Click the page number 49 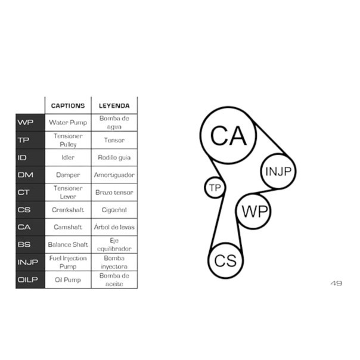(x=336, y=283)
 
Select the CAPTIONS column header (x=68, y=105)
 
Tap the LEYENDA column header (x=114, y=105)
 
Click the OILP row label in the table (x=28, y=280)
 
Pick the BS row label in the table (x=24, y=244)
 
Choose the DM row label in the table (x=26, y=175)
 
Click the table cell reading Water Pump (x=68, y=122)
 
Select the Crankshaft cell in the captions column (x=68, y=210)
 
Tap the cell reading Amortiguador (x=114, y=175)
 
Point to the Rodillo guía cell (x=114, y=157)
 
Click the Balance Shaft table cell (x=68, y=244)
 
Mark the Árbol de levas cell (x=114, y=227)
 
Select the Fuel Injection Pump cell (x=68, y=262)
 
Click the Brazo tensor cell (x=114, y=192)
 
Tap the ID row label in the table (x=22, y=157)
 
